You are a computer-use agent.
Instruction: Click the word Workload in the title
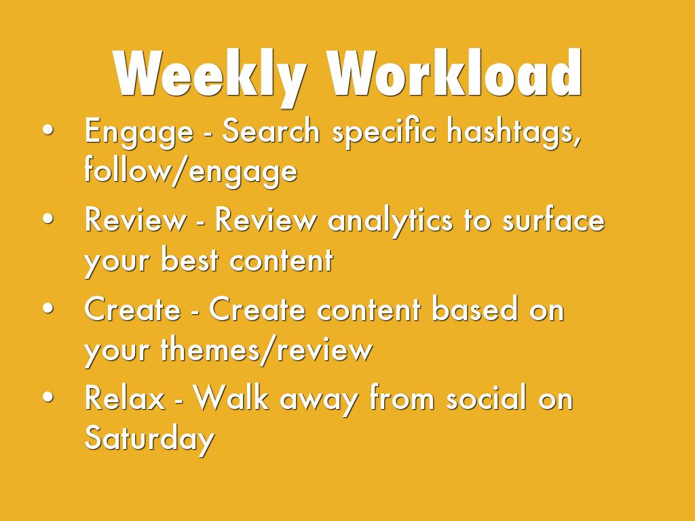coord(454,73)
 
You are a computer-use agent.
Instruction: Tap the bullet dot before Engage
coord(48,131)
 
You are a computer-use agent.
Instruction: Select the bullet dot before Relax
coord(48,398)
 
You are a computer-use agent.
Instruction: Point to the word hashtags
coord(513,132)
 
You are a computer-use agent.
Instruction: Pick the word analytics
coord(390,221)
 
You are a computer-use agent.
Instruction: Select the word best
coord(190,260)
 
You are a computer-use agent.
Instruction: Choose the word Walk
coord(231,398)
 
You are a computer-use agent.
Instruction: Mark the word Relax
coord(125,398)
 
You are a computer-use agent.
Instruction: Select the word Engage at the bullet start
coord(138,132)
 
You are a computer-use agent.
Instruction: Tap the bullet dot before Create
coord(48,309)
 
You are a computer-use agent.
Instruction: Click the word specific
coord(383,132)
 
